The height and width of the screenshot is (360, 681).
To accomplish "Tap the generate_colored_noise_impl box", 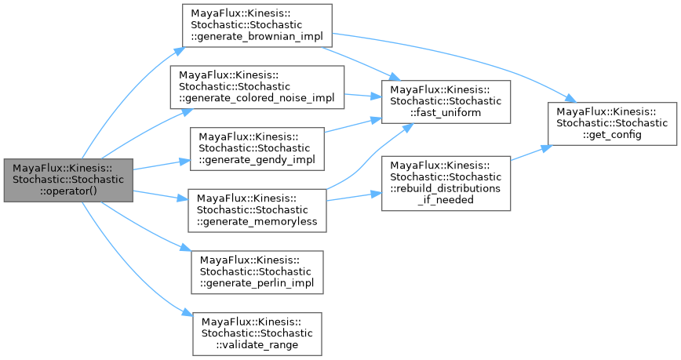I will coord(258,86).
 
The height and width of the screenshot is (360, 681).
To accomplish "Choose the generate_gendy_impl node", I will coord(257,148).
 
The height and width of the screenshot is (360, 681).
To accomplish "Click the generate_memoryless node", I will coord(257,209).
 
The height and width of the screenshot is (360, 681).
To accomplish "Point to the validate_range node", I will coord(257,333).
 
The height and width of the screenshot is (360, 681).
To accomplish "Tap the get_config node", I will coord(612,123).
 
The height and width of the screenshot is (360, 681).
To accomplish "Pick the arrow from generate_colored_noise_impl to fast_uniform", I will coord(363,96).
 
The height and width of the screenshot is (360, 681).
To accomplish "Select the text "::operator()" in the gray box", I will coord(67,192).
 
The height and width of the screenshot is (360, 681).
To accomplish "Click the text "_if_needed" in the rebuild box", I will coord(445,200).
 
